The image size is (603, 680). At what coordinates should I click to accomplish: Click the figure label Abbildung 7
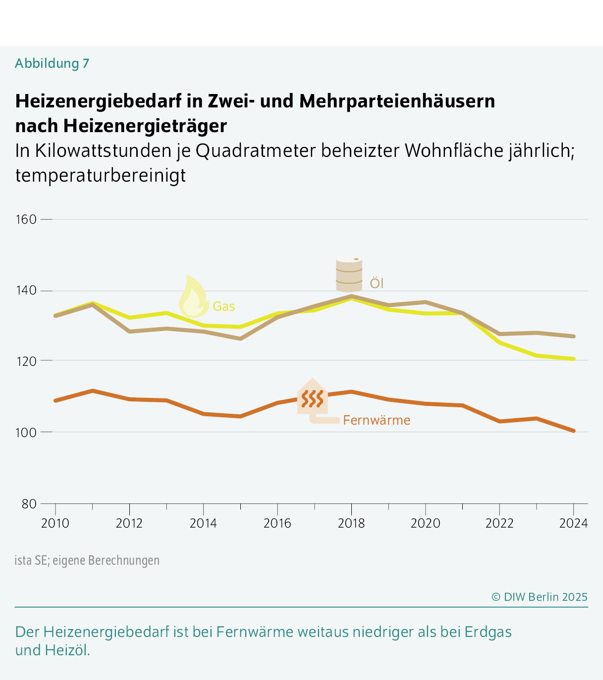click(x=52, y=63)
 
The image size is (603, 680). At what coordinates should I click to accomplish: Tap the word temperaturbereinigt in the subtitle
click(x=101, y=175)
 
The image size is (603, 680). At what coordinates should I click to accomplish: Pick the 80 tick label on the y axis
click(x=29, y=504)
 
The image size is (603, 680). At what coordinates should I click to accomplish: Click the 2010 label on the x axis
click(x=55, y=523)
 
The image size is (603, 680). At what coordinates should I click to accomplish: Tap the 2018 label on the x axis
click(x=351, y=523)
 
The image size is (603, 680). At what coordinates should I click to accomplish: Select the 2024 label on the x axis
click(x=573, y=523)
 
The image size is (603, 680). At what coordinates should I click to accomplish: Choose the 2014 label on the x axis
click(x=203, y=523)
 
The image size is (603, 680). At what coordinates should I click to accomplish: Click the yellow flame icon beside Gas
click(x=193, y=297)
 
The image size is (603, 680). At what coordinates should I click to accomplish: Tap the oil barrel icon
click(x=349, y=274)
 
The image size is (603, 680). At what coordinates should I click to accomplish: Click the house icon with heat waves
click(x=313, y=397)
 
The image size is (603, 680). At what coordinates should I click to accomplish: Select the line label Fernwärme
click(x=377, y=420)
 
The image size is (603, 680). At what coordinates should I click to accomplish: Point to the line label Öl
click(x=377, y=284)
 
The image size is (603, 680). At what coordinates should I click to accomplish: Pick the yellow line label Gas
click(x=224, y=307)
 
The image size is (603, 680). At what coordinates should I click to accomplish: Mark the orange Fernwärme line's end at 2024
click(x=573, y=431)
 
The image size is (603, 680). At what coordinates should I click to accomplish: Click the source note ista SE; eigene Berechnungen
click(x=87, y=560)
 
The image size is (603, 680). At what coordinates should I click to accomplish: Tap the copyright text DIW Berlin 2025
click(x=540, y=597)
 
